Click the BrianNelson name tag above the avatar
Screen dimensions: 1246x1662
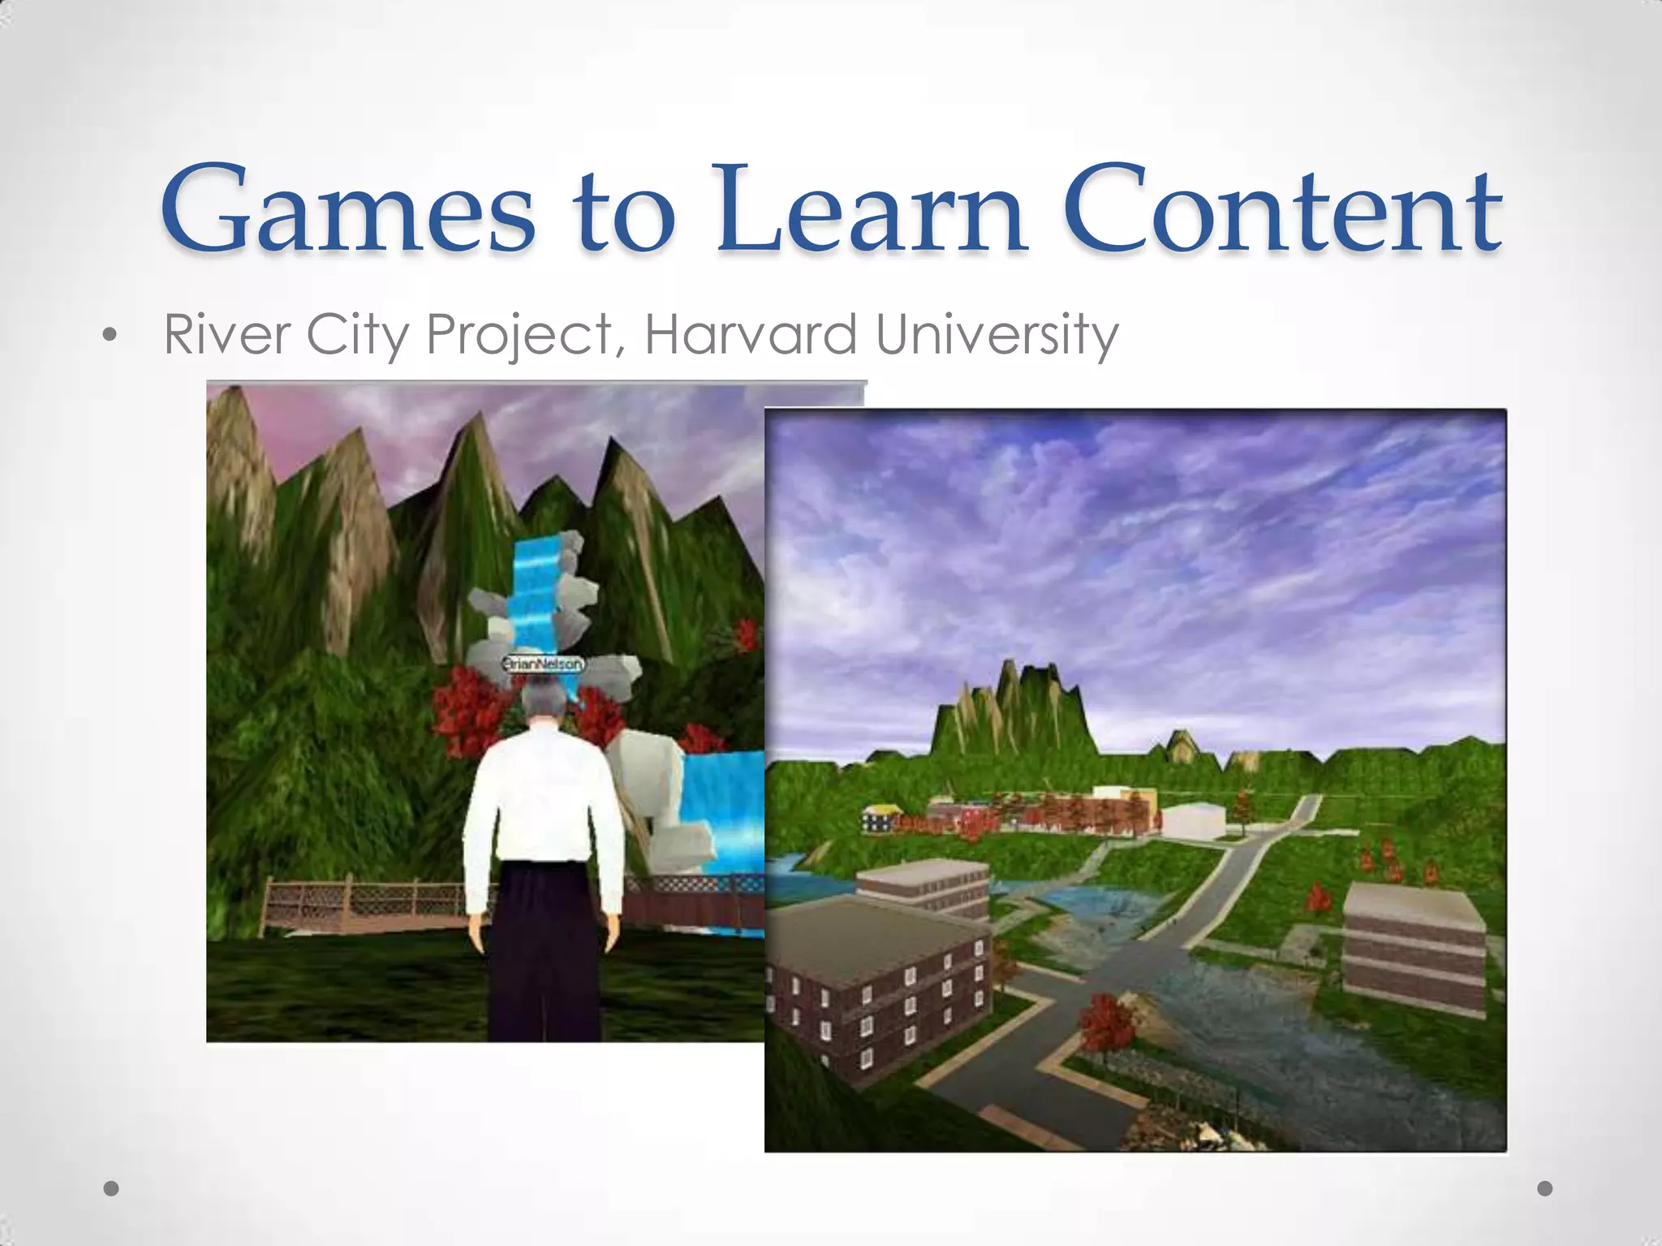pos(542,664)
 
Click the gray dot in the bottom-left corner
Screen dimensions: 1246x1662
pos(112,1188)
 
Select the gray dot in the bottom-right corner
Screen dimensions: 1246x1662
pos(1545,1188)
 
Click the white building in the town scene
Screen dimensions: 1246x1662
pos(1193,819)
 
